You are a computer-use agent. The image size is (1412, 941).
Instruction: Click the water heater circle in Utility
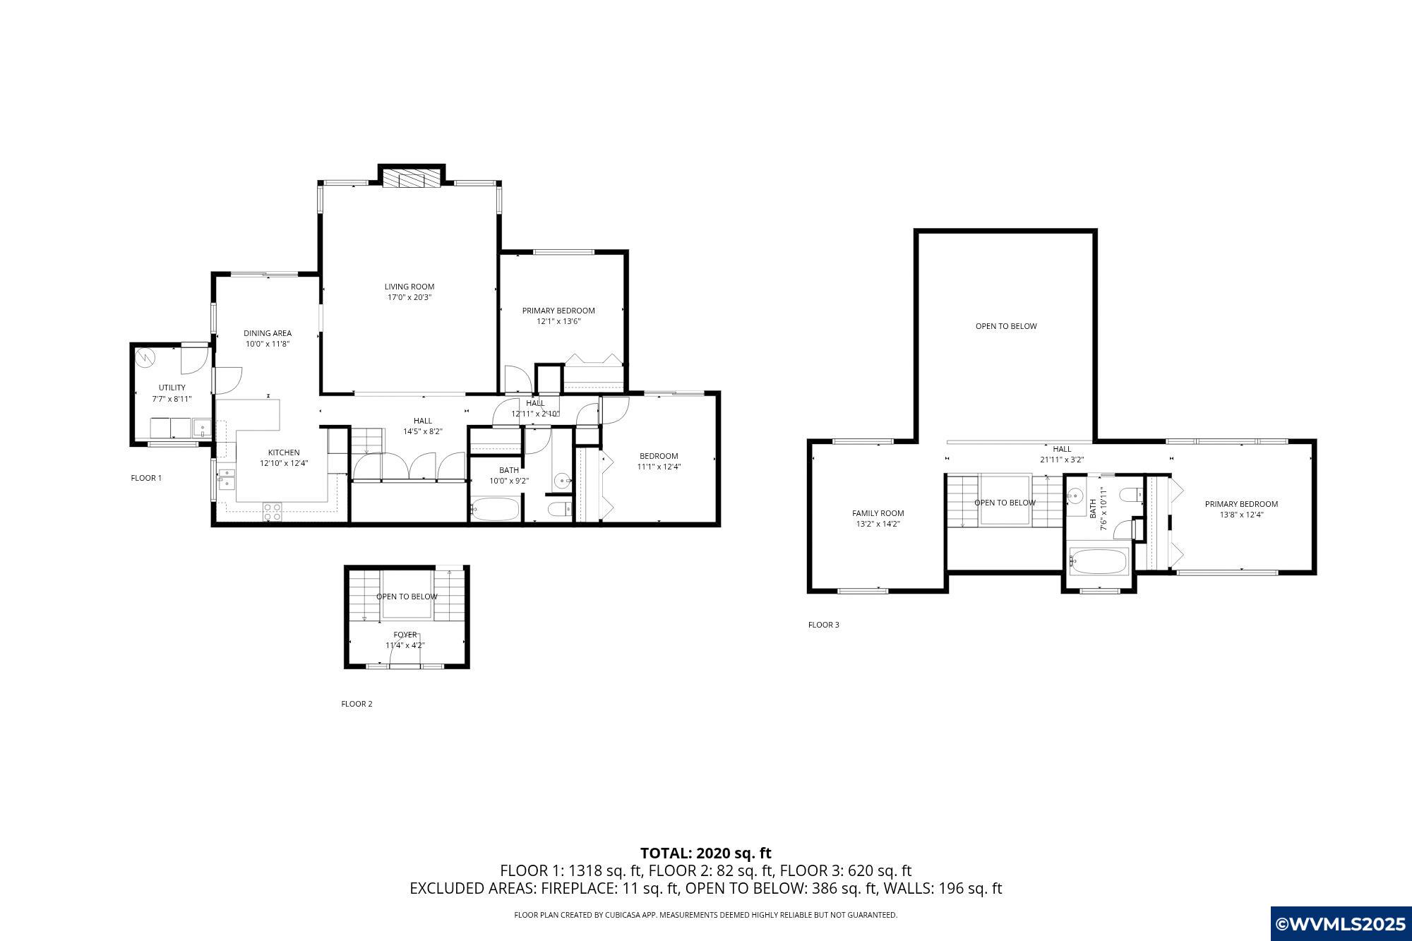click(146, 358)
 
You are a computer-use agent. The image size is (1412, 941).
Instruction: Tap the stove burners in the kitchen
click(273, 512)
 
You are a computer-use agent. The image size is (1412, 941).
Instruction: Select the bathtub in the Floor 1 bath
click(495, 509)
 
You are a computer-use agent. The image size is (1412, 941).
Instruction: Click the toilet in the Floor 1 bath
click(559, 509)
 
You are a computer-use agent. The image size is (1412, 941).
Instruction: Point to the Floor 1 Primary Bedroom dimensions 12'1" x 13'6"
click(558, 321)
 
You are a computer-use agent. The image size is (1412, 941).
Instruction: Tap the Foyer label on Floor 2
click(405, 635)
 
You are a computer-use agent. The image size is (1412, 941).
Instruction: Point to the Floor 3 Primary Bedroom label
click(1241, 504)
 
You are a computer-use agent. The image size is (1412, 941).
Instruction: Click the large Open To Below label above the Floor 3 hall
click(1006, 326)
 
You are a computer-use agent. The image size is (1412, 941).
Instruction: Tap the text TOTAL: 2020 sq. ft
click(706, 853)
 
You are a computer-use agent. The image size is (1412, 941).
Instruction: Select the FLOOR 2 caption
click(357, 704)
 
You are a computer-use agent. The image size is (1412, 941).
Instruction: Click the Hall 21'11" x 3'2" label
click(1062, 454)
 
